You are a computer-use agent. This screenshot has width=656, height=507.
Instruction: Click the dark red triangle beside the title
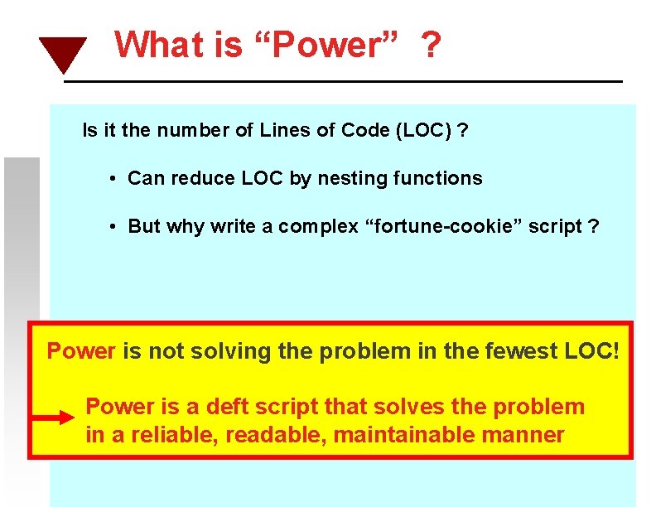tap(63, 54)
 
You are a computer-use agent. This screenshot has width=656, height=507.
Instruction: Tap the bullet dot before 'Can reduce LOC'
tap(112, 179)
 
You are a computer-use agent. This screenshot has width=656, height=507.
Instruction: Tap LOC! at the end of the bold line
tap(591, 351)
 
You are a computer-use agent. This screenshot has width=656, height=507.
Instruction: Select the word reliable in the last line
tap(167, 435)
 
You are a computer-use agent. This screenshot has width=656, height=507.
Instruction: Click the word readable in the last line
tap(275, 435)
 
